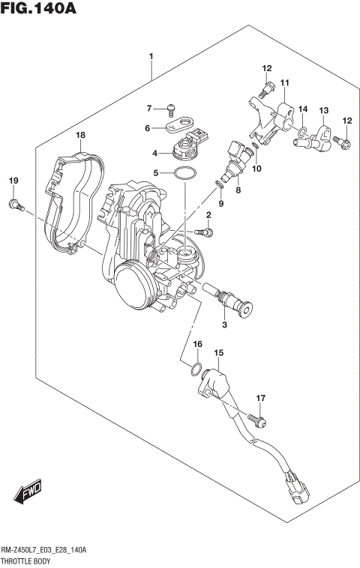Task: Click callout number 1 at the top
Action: tap(151, 56)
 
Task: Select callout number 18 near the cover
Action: tap(80, 135)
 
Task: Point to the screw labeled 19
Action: tap(13, 203)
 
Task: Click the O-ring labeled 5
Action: tap(184, 175)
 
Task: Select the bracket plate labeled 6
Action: tap(179, 124)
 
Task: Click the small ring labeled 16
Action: tap(196, 369)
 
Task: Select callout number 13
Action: tap(323, 111)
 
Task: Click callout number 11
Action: tap(285, 82)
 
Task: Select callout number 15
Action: tap(219, 352)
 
